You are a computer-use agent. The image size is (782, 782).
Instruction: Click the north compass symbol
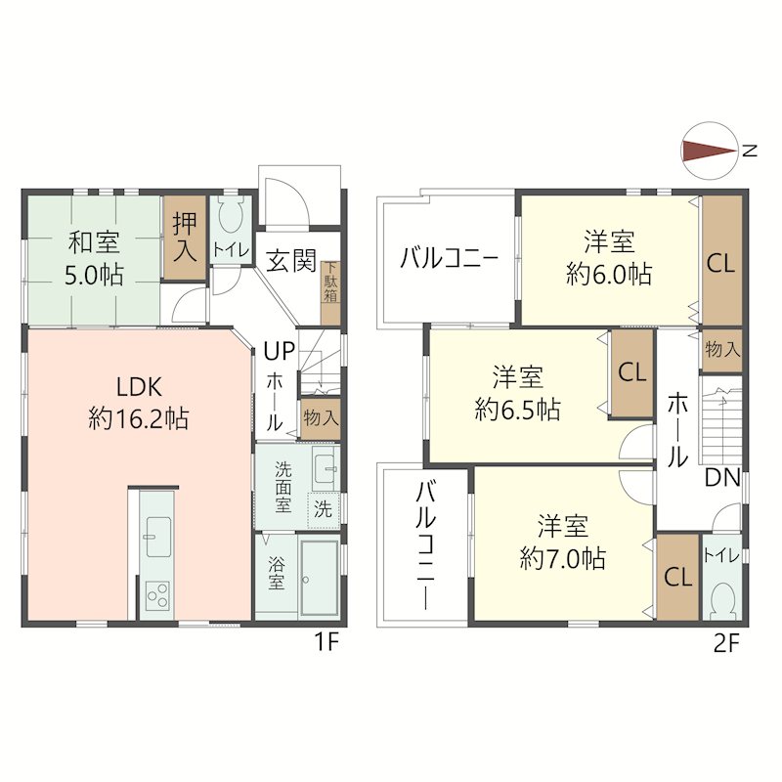tap(710, 151)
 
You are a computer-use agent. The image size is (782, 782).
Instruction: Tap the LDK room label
tap(139, 386)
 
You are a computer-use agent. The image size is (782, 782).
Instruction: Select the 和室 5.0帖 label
tap(94, 258)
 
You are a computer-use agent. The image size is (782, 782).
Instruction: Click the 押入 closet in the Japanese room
tap(185, 238)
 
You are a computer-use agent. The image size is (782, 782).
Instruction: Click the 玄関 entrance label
tap(291, 260)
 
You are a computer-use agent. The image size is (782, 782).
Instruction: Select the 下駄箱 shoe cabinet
tap(330, 293)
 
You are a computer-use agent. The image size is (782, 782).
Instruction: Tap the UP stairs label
tap(279, 352)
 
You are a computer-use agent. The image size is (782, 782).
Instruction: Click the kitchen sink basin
tap(158, 536)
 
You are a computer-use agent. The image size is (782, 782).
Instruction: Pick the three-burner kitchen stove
tap(157, 595)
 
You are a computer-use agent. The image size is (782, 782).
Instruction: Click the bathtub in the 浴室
tap(320, 578)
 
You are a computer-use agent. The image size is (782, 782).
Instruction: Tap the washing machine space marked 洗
tap(324, 509)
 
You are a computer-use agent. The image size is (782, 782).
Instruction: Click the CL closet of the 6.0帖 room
tap(721, 261)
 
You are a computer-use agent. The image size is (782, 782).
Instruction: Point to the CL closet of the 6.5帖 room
tap(631, 372)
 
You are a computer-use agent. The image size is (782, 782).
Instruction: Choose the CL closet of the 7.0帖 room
tap(677, 578)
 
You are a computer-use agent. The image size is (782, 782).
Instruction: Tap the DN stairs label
tap(722, 479)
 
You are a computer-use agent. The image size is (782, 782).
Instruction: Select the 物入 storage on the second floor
tap(722, 350)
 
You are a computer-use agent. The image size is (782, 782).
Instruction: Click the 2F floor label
tap(726, 644)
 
